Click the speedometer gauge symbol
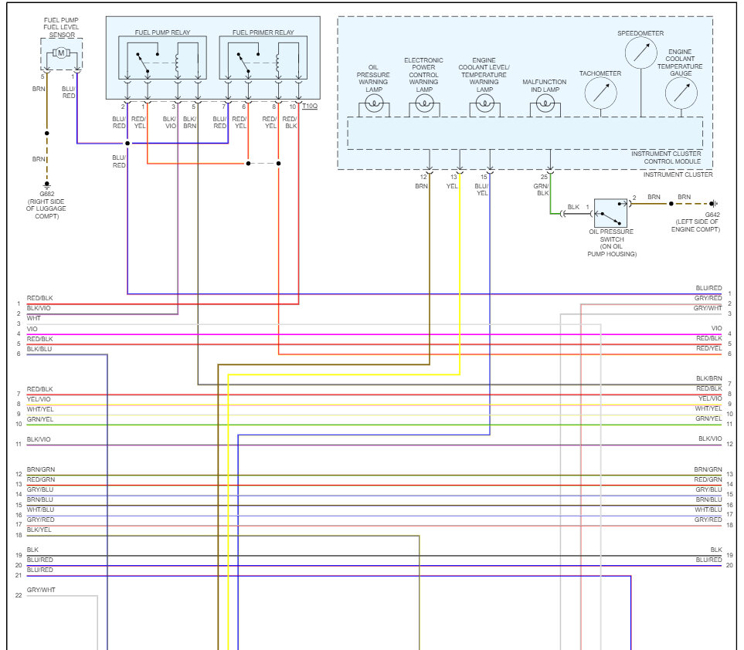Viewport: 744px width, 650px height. (x=640, y=53)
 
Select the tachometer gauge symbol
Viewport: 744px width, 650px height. (x=600, y=93)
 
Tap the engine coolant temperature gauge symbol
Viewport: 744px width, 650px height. (x=681, y=93)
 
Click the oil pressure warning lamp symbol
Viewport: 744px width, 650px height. (x=374, y=105)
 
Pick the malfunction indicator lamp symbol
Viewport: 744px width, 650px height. (x=545, y=105)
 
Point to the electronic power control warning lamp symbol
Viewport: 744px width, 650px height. (x=423, y=105)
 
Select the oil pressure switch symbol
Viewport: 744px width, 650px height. (x=610, y=212)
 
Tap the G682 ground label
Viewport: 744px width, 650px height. (x=46, y=194)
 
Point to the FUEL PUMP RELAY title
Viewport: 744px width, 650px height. (x=162, y=32)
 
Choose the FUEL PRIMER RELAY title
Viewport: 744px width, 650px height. (x=263, y=32)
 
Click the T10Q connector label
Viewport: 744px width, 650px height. (x=309, y=105)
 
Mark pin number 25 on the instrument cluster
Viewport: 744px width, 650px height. (x=544, y=177)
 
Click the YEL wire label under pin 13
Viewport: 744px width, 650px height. (x=454, y=186)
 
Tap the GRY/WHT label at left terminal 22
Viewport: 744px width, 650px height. (x=41, y=590)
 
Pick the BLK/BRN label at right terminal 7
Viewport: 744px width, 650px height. (x=708, y=378)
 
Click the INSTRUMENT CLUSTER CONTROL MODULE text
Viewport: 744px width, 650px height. (x=666, y=158)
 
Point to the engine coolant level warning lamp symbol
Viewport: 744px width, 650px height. (x=484, y=105)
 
